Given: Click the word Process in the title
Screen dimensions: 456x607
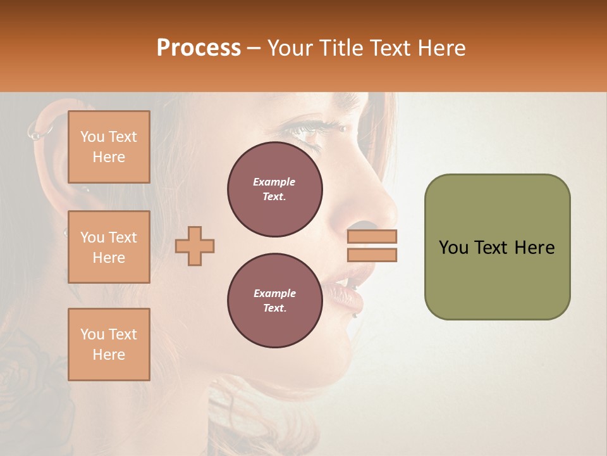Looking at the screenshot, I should (x=199, y=48).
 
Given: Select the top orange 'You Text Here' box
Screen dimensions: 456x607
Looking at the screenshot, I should (x=109, y=147).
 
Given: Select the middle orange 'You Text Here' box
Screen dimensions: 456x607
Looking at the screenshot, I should (x=109, y=247).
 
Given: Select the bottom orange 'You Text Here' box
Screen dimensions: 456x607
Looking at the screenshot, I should (x=109, y=345).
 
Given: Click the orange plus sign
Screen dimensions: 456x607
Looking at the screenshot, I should (x=195, y=246).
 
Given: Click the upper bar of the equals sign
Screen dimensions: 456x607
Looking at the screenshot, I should (x=372, y=236).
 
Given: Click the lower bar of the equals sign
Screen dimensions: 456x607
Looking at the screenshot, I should (x=372, y=255).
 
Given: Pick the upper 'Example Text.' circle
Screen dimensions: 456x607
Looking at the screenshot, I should (x=274, y=189).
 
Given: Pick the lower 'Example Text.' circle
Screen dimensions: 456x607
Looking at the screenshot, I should (x=274, y=301).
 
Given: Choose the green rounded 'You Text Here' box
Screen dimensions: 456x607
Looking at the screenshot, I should (x=497, y=247).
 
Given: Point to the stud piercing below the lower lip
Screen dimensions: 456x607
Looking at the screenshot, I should (x=356, y=315).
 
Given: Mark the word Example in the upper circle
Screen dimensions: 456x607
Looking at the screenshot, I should (x=274, y=182).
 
